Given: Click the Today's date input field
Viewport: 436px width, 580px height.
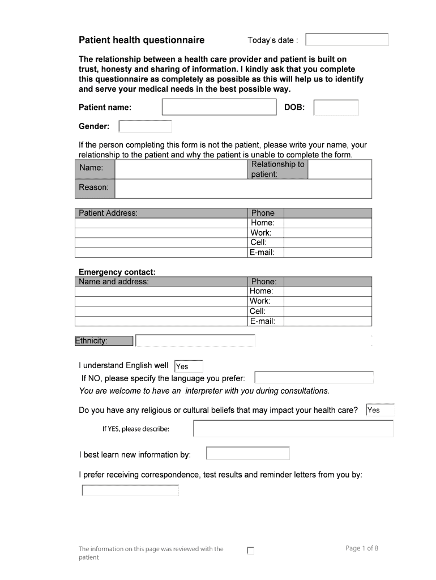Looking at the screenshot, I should (x=347, y=40).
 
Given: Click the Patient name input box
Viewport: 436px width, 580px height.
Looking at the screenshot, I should (x=219, y=107).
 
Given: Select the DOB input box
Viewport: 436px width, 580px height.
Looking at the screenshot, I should (x=336, y=108).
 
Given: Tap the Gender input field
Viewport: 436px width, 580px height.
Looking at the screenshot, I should (x=145, y=126).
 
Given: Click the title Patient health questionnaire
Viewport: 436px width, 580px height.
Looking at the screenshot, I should (x=142, y=40).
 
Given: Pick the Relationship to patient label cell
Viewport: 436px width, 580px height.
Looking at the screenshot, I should (x=277, y=169).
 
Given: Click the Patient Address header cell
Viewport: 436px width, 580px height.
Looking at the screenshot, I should (x=161, y=213).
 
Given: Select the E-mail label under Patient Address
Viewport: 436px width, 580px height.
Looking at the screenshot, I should (x=263, y=253).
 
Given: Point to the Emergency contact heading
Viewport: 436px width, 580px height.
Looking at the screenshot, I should (x=117, y=272).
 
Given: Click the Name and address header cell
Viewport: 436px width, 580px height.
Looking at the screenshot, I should (x=161, y=282).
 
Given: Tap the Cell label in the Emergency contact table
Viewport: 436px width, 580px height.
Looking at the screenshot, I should (x=258, y=311).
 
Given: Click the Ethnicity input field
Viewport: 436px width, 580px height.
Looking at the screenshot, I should (x=195, y=341).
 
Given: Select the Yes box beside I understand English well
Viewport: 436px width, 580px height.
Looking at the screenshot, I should (x=189, y=366).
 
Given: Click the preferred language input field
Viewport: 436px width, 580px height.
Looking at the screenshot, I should (x=314, y=378).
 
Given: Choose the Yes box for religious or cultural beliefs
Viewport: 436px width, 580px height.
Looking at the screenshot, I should (x=380, y=410).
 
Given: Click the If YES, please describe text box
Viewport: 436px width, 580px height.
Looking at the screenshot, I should (x=293, y=429).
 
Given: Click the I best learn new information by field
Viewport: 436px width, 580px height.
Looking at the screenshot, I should (x=247, y=454).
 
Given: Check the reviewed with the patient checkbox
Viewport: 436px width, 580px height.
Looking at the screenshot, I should (x=251, y=551).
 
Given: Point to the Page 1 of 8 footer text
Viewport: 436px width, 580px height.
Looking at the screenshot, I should (x=361, y=548).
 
